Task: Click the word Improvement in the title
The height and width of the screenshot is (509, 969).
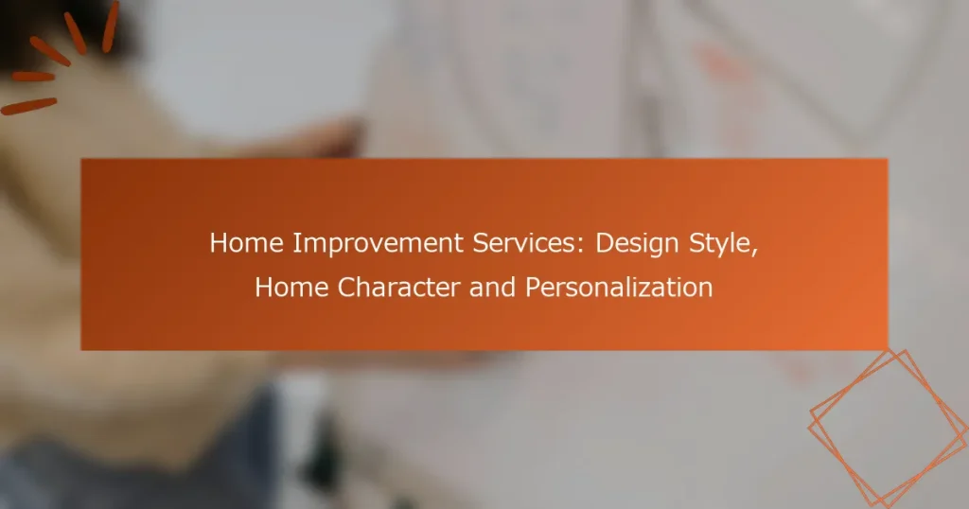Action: (379, 243)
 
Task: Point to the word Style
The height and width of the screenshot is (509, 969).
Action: (720, 244)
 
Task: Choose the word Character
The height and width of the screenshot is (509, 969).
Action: (398, 288)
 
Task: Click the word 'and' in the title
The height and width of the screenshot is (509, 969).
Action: (492, 288)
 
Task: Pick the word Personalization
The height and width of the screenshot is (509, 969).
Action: (619, 288)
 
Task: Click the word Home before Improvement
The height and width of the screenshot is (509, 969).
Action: (247, 243)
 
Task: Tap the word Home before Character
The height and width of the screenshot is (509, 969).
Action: (291, 288)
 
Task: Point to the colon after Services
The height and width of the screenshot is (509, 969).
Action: (580, 246)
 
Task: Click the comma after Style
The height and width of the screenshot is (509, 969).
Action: (754, 252)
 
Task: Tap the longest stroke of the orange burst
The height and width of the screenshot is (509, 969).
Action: (28, 106)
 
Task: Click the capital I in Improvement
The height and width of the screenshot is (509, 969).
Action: (296, 243)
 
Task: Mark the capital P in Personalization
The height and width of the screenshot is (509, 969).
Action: (534, 288)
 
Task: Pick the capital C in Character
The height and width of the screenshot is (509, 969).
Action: (347, 288)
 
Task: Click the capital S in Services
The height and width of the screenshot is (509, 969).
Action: (482, 243)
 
